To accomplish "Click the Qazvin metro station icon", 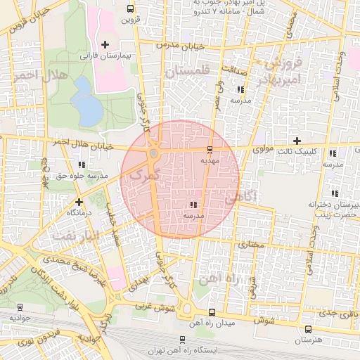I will tap(129, 8).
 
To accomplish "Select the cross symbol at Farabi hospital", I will tap(105, 44).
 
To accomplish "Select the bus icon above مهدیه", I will tap(210, 149).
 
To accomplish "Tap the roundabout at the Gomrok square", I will tap(154, 153).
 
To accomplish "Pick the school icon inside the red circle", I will tap(193, 205).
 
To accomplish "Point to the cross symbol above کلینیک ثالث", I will tap(297, 141).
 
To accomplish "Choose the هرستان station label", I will tap(307, 340).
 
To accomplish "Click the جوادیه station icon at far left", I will tap(20, 307).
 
